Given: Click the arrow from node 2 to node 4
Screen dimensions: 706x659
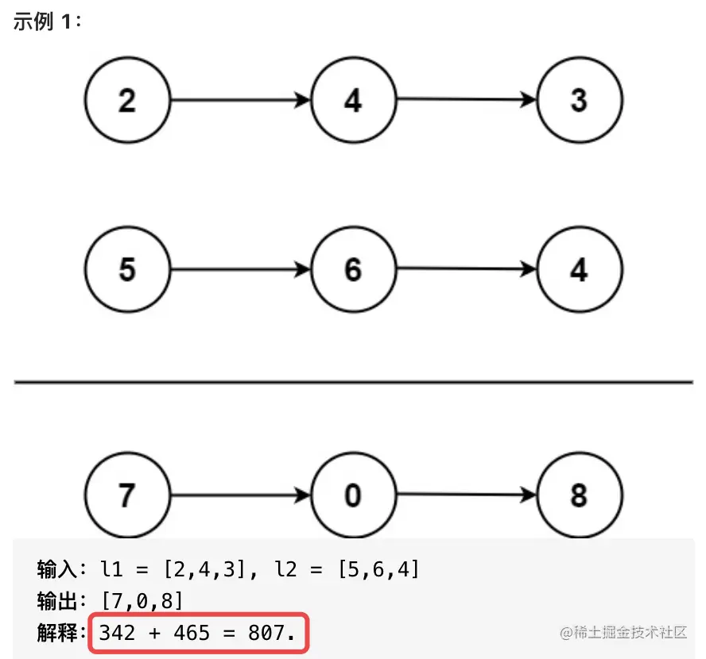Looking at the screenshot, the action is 241,100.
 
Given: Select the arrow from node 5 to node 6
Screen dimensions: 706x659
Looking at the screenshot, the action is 241,269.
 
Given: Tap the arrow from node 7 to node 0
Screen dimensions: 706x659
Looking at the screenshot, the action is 241,495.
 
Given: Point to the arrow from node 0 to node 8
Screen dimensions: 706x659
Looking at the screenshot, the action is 467,495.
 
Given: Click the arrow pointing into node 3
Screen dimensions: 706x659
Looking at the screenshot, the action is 467,99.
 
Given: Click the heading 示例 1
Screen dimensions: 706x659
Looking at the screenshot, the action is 47,21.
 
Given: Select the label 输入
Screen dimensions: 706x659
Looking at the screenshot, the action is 57,569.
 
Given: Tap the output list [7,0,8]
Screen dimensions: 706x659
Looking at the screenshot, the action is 142,600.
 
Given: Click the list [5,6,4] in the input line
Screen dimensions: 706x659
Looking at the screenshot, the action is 378,569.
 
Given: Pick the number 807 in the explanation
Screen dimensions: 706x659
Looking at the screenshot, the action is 266,633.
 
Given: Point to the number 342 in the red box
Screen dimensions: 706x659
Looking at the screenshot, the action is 117,633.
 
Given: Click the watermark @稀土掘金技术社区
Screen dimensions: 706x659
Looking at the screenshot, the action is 623,633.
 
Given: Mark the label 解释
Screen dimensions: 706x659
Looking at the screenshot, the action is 57,633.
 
